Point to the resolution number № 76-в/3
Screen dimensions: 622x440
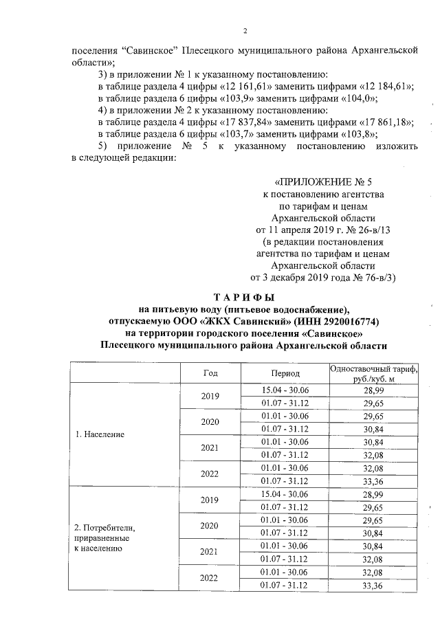click(x=372, y=277)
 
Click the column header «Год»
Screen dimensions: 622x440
click(x=210, y=372)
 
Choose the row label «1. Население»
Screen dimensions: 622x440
click(x=100, y=435)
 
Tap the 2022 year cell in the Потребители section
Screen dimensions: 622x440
click(x=210, y=578)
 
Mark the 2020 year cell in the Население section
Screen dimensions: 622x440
click(x=210, y=422)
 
